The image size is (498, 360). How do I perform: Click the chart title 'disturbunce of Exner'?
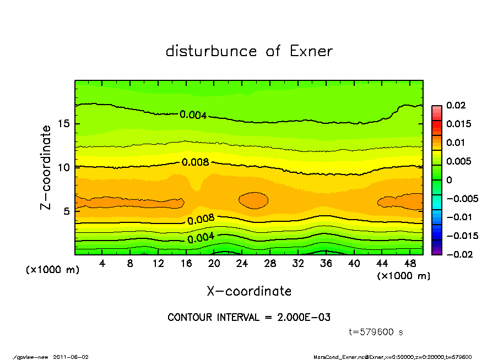pos(249,52)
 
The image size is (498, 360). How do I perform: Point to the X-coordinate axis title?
pos(249,291)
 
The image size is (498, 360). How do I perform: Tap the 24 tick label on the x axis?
pos(242,264)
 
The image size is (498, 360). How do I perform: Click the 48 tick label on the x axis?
pos(409,264)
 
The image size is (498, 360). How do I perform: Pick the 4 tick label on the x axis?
pos(102,264)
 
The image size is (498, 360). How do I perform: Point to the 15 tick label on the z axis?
pos(63,123)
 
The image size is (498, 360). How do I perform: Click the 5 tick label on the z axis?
pos(67,211)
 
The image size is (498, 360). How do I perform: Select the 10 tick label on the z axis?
pos(63,167)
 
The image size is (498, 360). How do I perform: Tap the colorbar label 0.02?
pos(456,105)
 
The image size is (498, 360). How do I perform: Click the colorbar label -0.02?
pos(457,254)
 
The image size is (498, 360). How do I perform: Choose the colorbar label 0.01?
pos(456,143)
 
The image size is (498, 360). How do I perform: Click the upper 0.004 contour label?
pos(193,115)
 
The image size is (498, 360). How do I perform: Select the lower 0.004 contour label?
pos(201,239)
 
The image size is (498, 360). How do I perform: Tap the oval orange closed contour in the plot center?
pos(253,200)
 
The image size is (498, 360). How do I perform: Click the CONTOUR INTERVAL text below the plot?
pos(249,318)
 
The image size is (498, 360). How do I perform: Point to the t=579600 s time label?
pos(377,332)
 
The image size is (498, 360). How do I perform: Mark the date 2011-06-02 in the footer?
pos(71,357)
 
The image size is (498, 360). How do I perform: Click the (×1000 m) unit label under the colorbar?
pos(403,276)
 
